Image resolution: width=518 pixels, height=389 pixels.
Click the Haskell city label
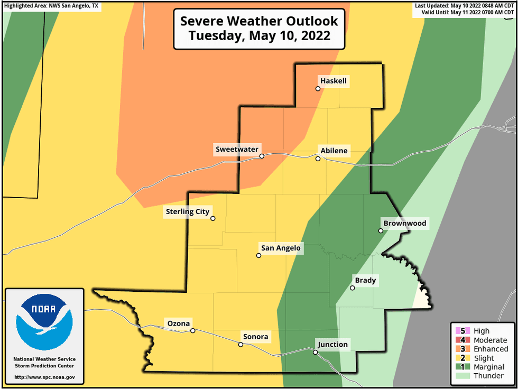[x=334, y=81]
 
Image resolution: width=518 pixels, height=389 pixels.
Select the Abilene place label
[x=334, y=151]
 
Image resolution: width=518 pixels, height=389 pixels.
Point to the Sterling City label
[x=188, y=211]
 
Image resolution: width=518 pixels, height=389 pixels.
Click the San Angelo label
[x=281, y=248]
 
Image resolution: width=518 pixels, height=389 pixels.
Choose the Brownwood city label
[x=404, y=223]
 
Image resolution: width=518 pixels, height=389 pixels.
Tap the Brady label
[x=365, y=280]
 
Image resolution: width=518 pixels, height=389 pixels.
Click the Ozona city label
[x=179, y=323]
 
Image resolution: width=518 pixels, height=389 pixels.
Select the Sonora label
[x=255, y=337]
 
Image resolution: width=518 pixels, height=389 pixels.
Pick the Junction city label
[x=332, y=345]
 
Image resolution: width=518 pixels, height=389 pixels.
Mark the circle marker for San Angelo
[x=258, y=255]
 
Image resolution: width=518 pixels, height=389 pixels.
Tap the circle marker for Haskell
[x=318, y=89]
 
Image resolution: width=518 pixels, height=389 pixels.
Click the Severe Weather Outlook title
[x=259, y=29]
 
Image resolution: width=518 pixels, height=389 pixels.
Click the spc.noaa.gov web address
[x=44, y=377]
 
